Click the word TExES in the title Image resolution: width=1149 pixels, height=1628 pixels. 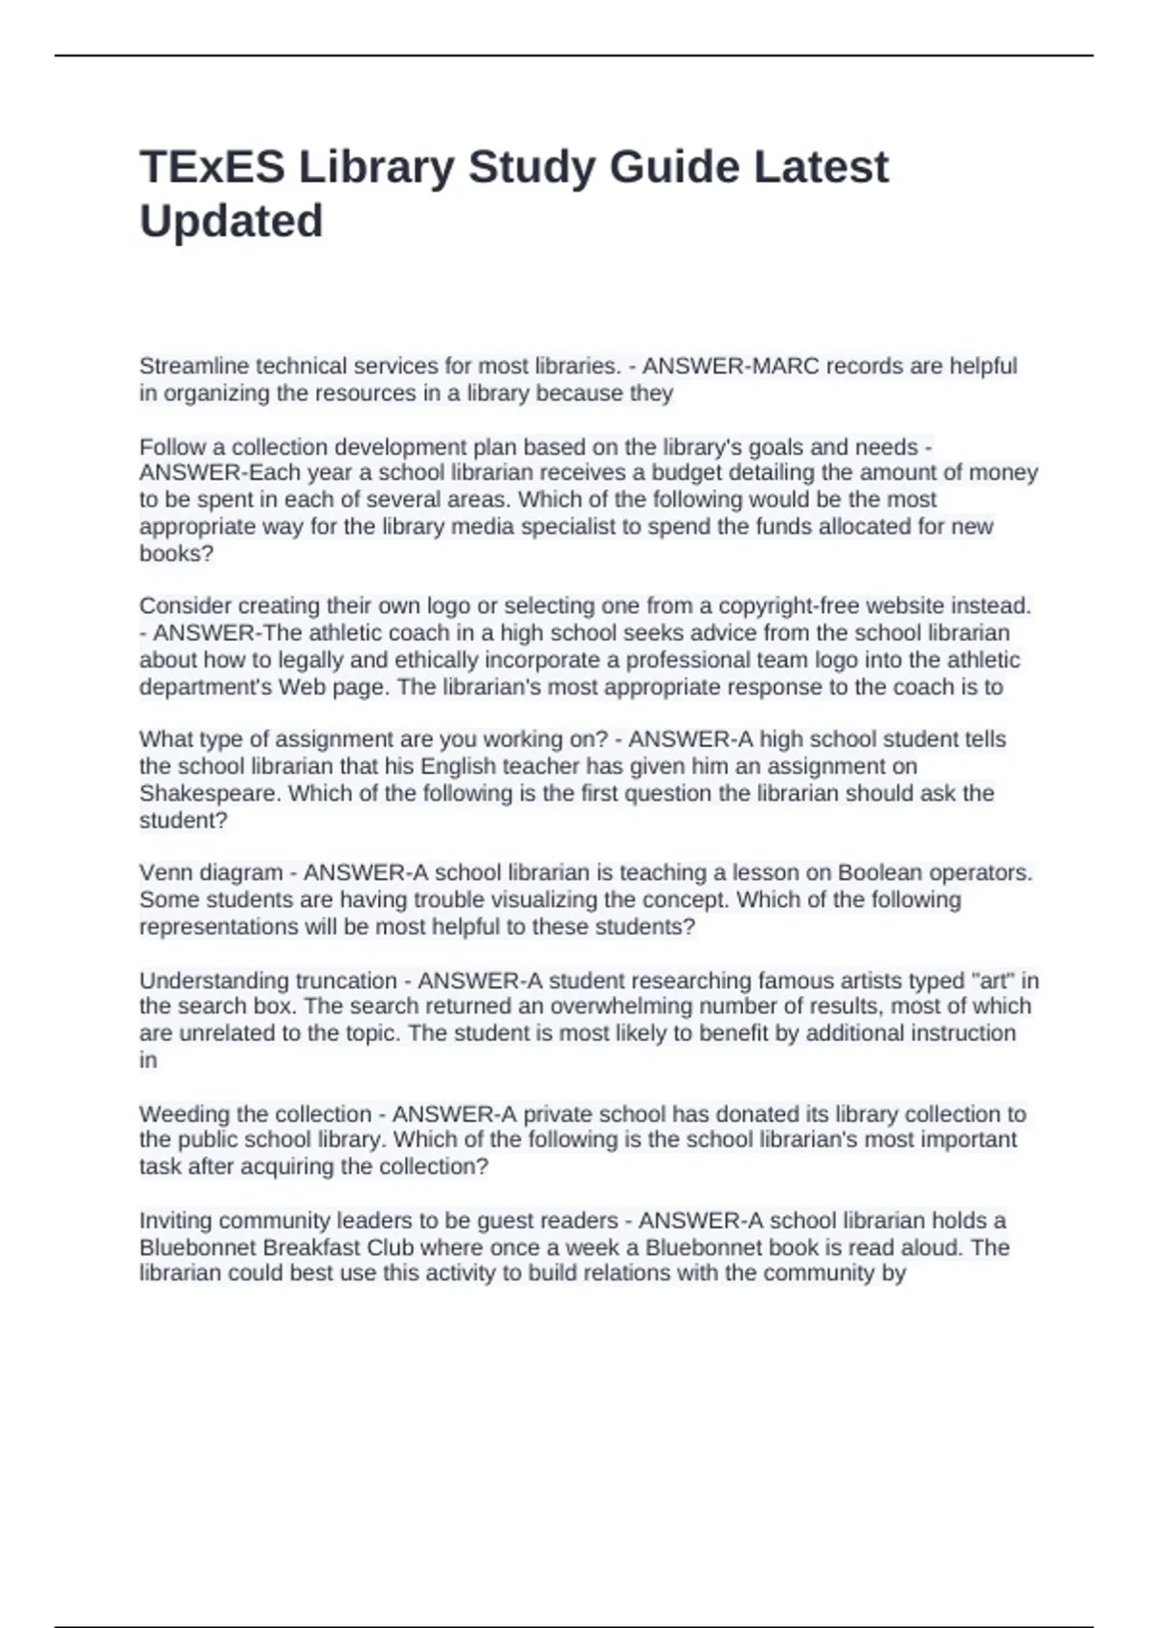(x=212, y=167)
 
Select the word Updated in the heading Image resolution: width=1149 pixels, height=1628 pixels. (x=231, y=221)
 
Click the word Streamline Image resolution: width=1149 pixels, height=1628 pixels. (x=194, y=366)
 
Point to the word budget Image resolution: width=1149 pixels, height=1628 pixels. (x=687, y=473)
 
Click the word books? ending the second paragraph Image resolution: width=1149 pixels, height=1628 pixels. (x=176, y=554)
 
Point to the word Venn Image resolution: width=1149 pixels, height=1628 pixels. (x=163, y=873)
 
